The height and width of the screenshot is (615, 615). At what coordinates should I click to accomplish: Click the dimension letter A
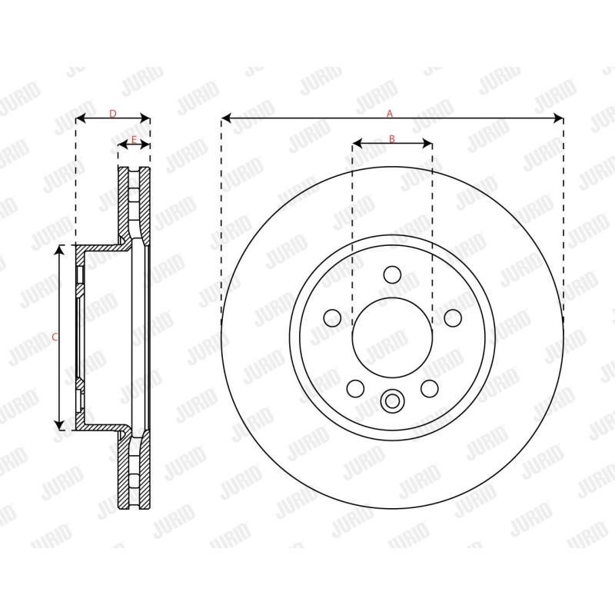(x=390, y=114)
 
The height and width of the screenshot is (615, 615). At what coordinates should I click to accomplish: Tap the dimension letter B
(x=391, y=139)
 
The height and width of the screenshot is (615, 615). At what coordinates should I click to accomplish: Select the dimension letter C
(x=54, y=337)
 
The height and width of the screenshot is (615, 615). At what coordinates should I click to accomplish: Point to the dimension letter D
(x=112, y=114)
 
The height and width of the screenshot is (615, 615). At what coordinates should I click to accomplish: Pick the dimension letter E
(x=134, y=139)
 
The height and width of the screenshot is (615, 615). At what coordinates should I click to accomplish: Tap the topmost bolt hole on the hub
(x=392, y=274)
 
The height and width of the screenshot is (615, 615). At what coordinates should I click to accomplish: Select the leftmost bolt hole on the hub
(x=333, y=317)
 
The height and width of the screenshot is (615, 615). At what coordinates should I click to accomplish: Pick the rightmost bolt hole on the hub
(x=452, y=317)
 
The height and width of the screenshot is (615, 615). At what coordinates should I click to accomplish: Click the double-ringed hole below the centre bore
(x=392, y=401)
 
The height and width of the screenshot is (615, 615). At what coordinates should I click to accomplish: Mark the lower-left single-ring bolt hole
(x=355, y=388)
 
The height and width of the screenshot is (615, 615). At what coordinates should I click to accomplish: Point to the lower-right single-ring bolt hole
(x=429, y=388)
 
